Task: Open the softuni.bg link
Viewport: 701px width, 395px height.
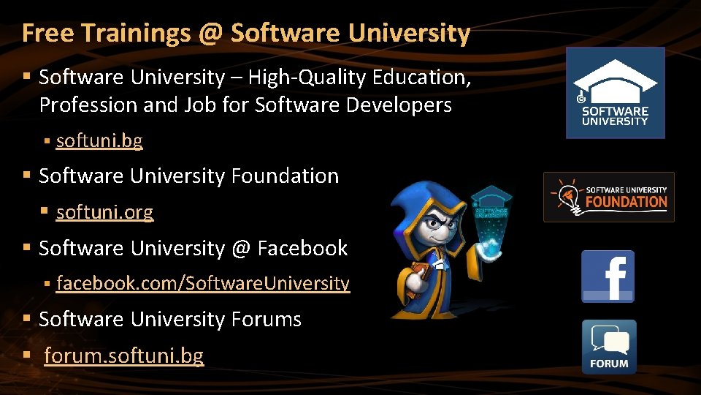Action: tap(99, 140)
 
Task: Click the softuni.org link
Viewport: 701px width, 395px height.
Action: tap(104, 213)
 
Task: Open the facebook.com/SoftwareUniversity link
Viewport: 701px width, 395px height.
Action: tap(203, 284)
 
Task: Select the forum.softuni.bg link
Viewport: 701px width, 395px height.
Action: tap(123, 356)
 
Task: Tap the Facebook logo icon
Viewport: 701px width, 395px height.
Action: tap(608, 276)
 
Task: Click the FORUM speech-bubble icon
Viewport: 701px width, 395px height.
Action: tap(609, 347)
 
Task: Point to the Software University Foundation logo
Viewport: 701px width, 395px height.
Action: tap(608, 197)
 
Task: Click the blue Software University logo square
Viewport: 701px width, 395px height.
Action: tap(616, 93)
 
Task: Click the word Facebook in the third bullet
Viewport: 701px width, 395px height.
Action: tap(302, 249)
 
